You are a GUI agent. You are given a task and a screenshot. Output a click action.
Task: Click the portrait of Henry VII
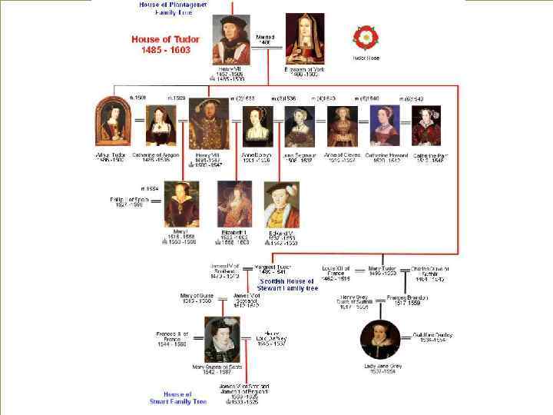click(x=231, y=39)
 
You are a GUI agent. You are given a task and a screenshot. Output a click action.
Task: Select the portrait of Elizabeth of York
click(x=305, y=39)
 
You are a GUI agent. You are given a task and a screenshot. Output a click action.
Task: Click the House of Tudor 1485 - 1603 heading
click(x=165, y=44)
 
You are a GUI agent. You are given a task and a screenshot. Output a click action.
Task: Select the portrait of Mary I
click(x=180, y=203)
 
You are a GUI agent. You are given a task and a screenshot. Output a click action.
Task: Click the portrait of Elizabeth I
click(x=234, y=203)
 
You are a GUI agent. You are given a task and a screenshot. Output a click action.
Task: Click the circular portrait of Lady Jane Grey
click(x=382, y=339)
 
